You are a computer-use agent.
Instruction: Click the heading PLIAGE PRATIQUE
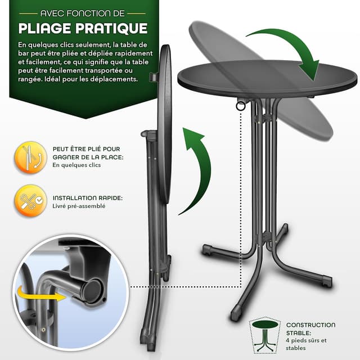point(83,28)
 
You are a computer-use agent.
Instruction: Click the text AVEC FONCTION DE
point(83,12)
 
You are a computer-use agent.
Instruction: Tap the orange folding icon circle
point(31,157)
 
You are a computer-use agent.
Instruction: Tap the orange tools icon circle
point(31,201)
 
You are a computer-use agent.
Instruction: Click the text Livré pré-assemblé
point(79,206)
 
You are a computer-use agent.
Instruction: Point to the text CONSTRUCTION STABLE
point(310,328)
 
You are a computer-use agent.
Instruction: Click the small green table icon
point(265,335)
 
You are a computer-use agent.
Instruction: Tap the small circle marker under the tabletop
point(241,105)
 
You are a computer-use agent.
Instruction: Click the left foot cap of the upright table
point(207,249)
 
